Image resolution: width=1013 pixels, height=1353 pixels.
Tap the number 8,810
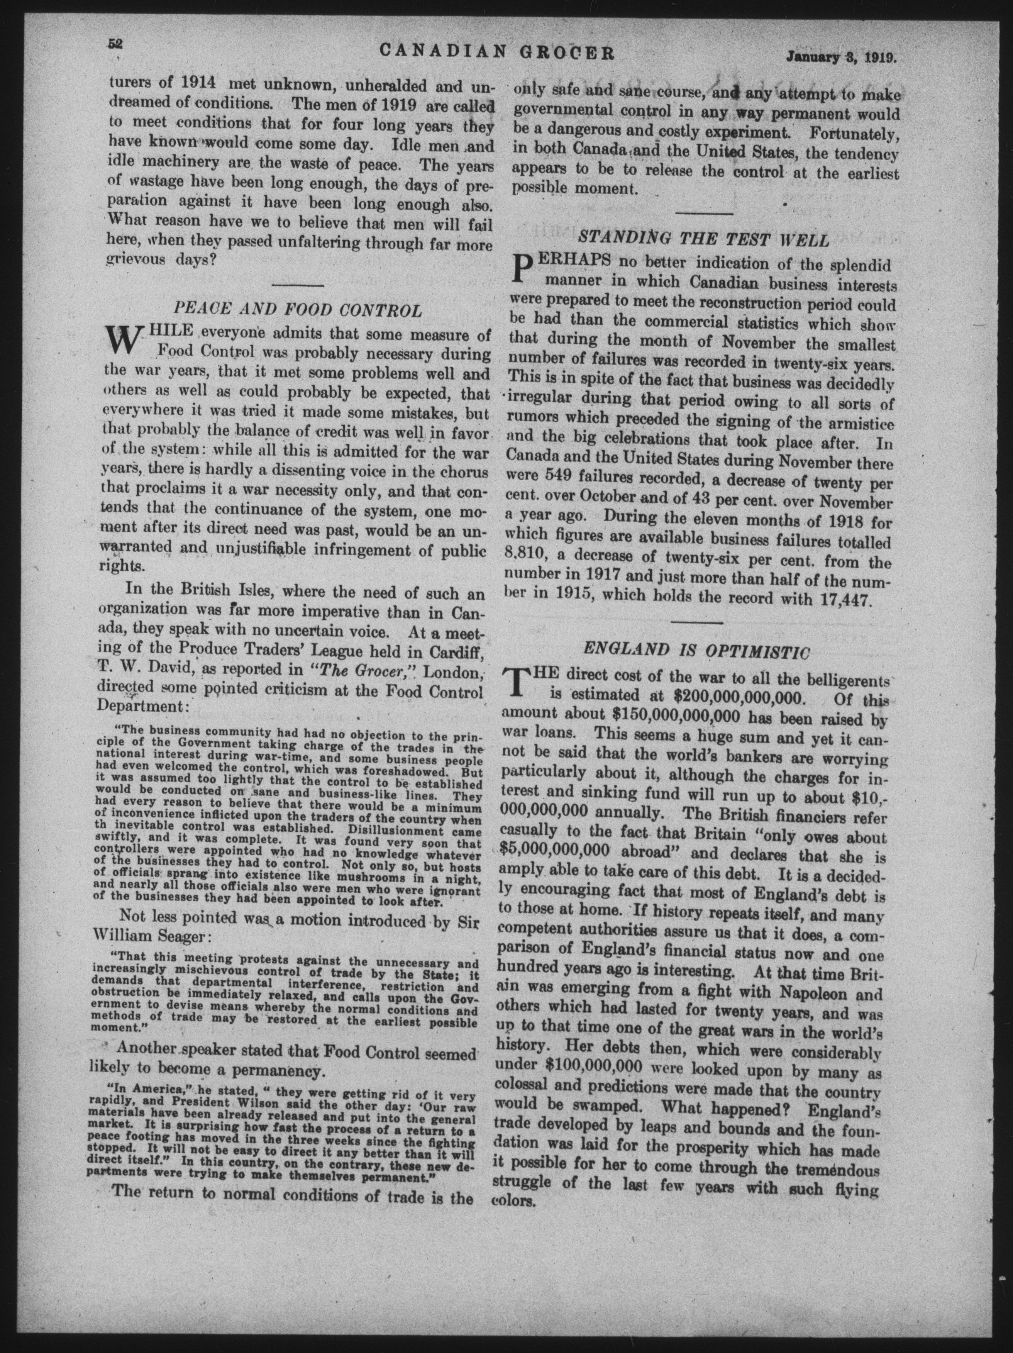(x=525, y=561)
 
